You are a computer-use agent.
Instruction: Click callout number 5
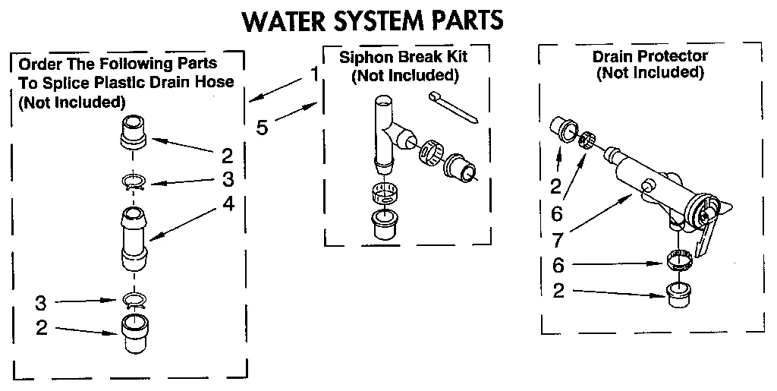(261, 127)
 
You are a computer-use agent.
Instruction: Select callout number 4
(228, 204)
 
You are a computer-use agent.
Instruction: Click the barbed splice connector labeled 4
(134, 235)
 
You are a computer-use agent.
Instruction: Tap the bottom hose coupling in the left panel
(134, 334)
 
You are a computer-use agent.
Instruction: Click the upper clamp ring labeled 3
(134, 181)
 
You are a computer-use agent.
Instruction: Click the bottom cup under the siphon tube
(385, 225)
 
